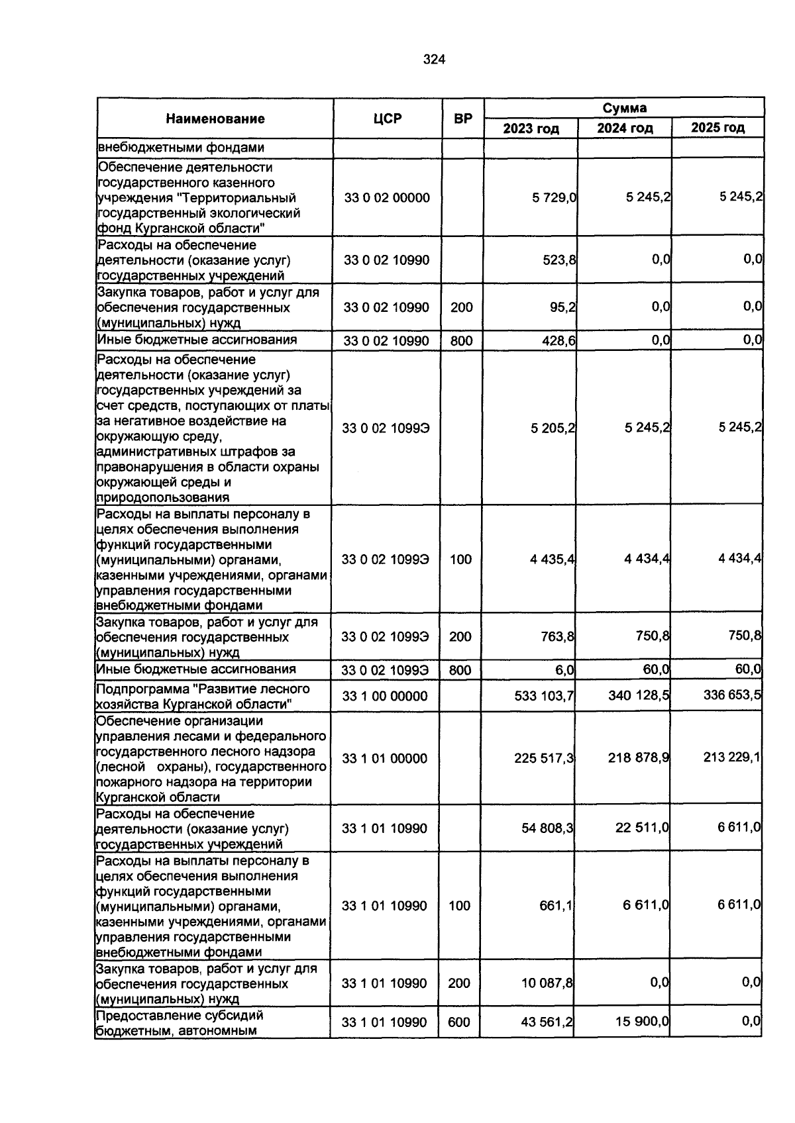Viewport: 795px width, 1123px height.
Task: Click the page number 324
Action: (434, 60)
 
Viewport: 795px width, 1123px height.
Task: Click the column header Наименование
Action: (215, 119)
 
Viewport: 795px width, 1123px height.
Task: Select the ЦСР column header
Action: (387, 119)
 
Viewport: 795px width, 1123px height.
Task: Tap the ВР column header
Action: (462, 119)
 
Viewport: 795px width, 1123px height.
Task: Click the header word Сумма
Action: (624, 108)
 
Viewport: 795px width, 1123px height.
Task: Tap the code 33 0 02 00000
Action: (387, 198)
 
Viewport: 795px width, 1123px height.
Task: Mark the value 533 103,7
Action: (544, 696)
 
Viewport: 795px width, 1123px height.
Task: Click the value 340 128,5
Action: (639, 695)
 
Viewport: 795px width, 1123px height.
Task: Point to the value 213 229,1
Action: (732, 757)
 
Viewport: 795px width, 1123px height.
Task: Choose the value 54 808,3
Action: (547, 828)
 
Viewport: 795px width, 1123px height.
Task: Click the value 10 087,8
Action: (547, 983)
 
